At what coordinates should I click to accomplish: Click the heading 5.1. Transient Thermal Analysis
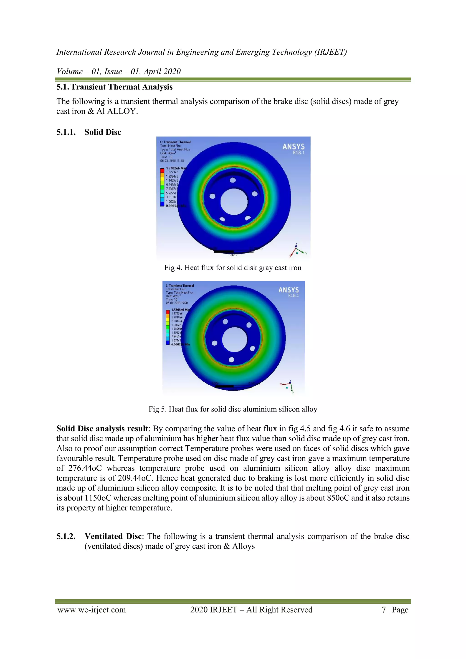(114, 87)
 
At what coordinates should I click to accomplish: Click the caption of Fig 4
(233, 268)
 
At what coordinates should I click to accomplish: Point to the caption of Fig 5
(233, 409)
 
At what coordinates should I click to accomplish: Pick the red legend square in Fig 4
(162, 170)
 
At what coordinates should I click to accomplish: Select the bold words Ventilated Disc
(113, 536)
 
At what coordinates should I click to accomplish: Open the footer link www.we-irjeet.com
(92, 610)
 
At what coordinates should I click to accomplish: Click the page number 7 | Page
(395, 610)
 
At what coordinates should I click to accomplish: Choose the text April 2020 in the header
(162, 71)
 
